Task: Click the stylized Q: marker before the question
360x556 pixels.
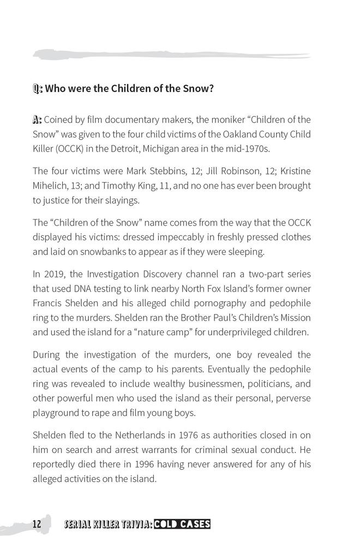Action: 38,88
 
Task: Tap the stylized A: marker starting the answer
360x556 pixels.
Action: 37,119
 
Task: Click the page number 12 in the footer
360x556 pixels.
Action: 37,524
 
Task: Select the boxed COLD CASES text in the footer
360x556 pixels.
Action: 182,524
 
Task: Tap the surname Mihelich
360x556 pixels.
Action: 51,186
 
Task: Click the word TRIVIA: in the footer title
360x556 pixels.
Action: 130,524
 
